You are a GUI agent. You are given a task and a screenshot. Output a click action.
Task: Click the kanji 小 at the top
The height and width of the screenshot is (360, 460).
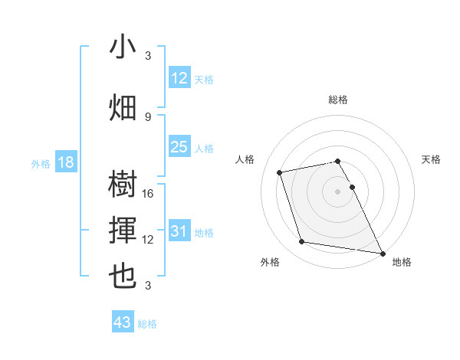(x=123, y=48)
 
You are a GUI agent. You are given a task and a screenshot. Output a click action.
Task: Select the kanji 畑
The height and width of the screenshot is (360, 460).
(x=123, y=107)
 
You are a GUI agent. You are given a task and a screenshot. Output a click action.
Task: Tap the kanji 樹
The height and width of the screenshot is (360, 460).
(x=123, y=185)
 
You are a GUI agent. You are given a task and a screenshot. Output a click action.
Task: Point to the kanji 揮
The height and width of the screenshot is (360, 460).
(x=123, y=231)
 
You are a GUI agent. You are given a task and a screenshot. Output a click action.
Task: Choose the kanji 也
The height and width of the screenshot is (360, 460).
(x=123, y=277)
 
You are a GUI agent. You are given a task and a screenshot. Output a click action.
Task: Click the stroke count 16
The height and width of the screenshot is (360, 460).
(x=149, y=194)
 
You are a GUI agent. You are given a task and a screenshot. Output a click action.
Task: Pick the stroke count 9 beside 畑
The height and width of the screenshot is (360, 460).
(x=148, y=116)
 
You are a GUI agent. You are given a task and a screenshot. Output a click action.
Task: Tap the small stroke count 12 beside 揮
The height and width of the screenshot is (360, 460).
(x=149, y=240)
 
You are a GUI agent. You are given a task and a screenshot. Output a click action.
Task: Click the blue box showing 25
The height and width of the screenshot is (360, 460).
(x=179, y=147)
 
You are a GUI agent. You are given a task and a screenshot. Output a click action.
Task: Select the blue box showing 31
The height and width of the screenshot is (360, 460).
(x=179, y=231)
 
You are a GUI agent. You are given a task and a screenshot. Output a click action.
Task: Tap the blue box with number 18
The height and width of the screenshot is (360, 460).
(x=65, y=162)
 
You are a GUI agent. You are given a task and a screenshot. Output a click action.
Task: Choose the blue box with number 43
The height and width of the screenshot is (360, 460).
(x=123, y=322)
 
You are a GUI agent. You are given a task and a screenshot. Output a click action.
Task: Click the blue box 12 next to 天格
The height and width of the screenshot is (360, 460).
(x=179, y=78)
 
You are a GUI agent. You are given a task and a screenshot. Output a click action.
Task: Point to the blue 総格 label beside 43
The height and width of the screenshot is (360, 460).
(x=147, y=324)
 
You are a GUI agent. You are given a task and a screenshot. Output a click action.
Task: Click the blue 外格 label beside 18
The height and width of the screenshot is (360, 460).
(x=40, y=163)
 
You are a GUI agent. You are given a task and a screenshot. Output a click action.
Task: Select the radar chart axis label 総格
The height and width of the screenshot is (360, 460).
(x=338, y=100)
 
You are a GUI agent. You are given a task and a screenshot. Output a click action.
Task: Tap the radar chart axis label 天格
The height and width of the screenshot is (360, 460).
(x=432, y=159)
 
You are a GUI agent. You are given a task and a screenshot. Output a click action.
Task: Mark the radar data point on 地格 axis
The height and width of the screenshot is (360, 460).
(x=382, y=253)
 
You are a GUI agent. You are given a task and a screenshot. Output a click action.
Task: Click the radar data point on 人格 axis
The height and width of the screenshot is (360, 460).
(x=280, y=172)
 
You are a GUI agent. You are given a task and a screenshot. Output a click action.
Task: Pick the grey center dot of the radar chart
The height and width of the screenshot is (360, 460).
(x=338, y=191)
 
